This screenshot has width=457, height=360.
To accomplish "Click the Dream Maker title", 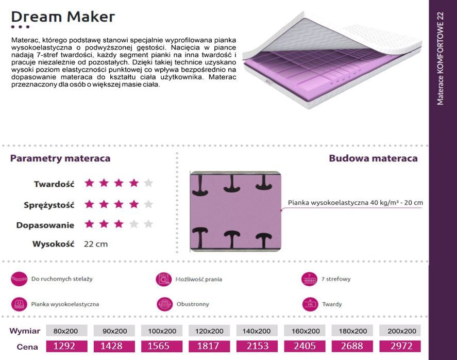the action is [63, 17].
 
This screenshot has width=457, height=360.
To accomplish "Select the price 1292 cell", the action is [67, 346].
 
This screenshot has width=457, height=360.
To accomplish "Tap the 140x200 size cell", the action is [257, 331].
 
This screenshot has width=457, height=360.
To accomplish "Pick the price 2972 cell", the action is [400, 346].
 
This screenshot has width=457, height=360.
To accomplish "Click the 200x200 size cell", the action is [400, 331].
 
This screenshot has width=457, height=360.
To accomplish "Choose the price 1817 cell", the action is [209, 346].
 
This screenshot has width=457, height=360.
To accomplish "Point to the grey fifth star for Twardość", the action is [148, 183].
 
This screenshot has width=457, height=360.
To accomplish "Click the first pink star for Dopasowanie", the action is [89, 224].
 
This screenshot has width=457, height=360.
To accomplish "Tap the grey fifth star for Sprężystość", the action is [148, 204].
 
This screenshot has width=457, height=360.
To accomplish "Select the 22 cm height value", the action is [96, 244].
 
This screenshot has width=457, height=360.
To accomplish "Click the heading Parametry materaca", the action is [60, 158].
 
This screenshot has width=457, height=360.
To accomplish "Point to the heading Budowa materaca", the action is [374, 158].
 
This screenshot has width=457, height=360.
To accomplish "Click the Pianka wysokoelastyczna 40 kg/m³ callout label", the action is [356, 203].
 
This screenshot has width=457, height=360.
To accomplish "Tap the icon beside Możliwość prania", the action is [163, 279].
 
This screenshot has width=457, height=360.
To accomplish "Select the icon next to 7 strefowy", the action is [309, 279].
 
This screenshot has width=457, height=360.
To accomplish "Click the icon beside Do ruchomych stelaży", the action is [19, 279].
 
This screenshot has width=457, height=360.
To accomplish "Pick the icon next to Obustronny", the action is [165, 304].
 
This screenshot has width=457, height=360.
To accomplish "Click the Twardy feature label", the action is [332, 304].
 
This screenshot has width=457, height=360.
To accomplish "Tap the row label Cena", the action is [27, 347].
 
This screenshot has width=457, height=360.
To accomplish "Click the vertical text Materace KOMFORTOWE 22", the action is [440, 58].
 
